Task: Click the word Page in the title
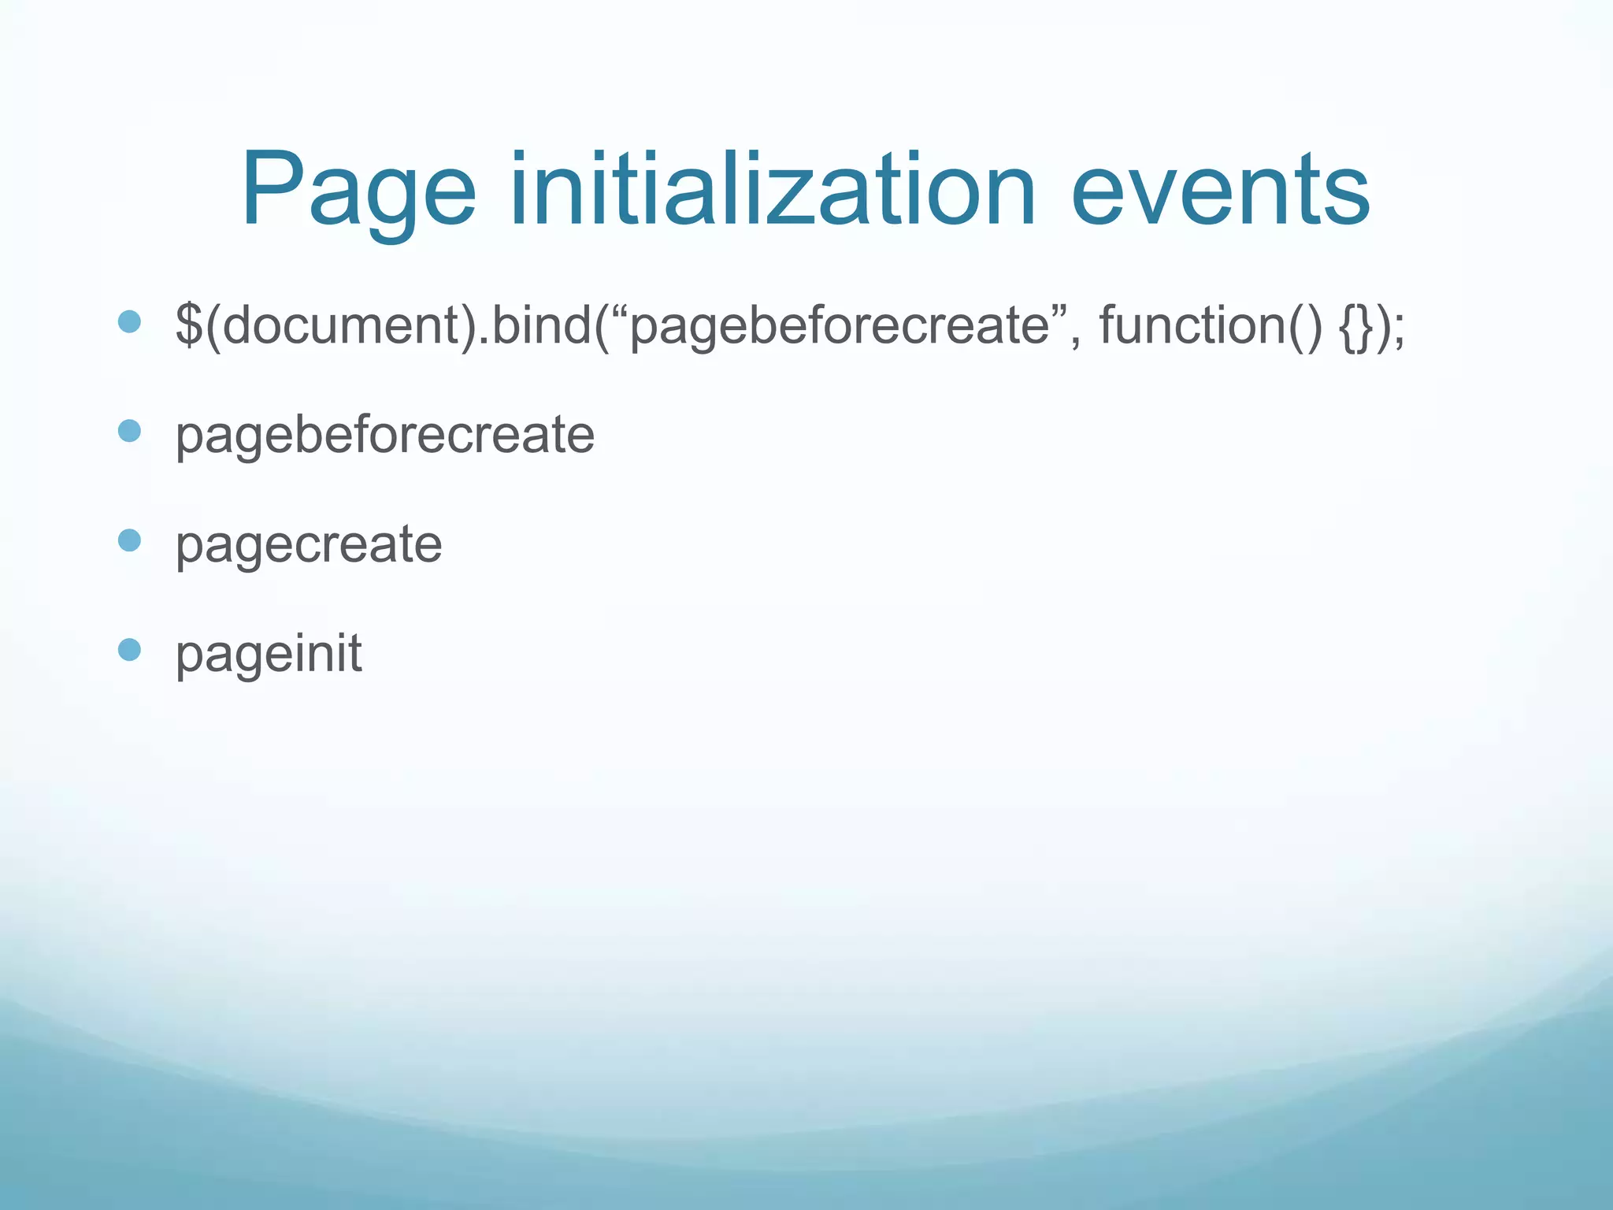[x=359, y=191]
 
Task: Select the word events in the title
[x=1220, y=191]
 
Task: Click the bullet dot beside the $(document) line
[x=129, y=321]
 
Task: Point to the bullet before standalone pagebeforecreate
[x=129, y=431]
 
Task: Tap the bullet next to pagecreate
[x=129, y=540]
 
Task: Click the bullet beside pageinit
[x=129, y=649]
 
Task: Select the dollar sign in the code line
[x=188, y=324]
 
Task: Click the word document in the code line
[x=342, y=324]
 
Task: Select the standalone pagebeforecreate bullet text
[x=384, y=435]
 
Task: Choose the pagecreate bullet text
[x=309, y=544]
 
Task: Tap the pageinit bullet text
[x=269, y=653]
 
